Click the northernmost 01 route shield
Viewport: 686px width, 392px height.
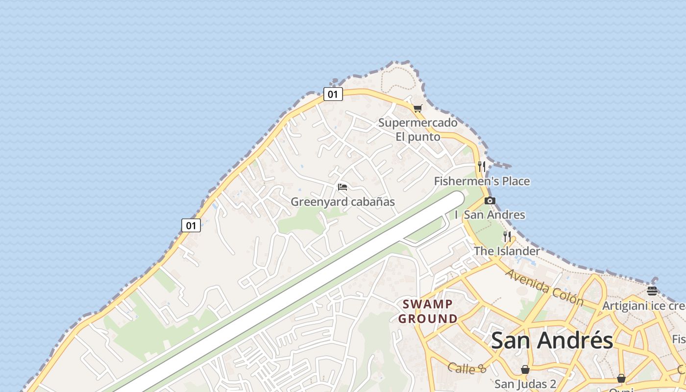[x=333, y=94]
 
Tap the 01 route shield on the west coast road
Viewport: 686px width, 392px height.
[x=191, y=225]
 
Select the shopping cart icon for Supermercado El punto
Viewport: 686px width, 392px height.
[x=417, y=108]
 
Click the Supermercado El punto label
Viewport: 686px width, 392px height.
[x=417, y=129]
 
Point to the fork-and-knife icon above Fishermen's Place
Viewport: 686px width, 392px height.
[x=482, y=166]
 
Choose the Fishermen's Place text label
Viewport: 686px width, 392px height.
[x=482, y=181]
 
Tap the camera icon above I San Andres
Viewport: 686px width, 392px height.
[x=490, y=200]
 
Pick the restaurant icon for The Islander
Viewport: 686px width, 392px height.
[x=507, y=237]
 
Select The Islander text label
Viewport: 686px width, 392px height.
[x=507, y=251]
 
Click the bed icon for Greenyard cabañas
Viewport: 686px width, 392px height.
[x=343, y=187]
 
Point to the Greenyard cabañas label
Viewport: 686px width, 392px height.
[x=343, y=202]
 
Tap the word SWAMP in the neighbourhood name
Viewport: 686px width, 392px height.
[x=428, y=304]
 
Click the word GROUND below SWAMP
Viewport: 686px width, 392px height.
[x=428, y=319]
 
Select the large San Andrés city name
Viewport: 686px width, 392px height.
[x=552, y=340]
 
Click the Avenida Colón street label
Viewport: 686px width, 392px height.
[x=544, y=287]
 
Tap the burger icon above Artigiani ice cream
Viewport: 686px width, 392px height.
[x=652, y=291]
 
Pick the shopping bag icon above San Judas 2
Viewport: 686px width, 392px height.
[x=525, y=369]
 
